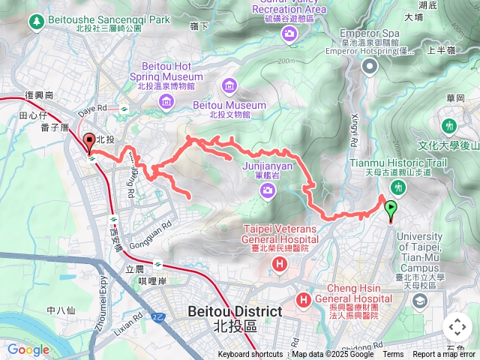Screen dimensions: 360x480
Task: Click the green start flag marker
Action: [391, 209]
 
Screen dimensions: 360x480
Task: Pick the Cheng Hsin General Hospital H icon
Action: [304, 300]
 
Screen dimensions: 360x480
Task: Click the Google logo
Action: [28, 349]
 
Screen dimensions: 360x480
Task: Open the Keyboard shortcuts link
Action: [250, 355]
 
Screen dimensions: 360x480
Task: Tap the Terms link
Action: [393, 355]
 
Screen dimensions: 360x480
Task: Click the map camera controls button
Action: [457, 327]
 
